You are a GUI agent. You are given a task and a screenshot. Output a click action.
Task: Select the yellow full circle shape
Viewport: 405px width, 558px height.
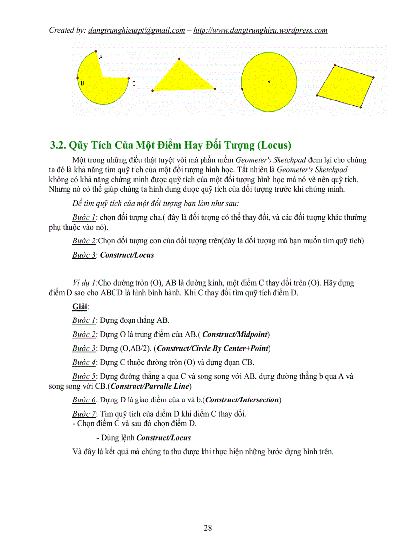click(x=269, y=81)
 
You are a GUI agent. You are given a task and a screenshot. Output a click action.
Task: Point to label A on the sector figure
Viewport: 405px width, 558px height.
click(x=100, y=57)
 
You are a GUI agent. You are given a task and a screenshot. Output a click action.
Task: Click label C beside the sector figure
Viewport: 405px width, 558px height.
click(x=134, y=84)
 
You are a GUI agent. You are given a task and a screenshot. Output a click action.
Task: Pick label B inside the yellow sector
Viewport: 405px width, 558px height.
click(x=82, y=83)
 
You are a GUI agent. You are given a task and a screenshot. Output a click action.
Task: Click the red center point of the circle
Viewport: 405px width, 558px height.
click(x=269, y=81)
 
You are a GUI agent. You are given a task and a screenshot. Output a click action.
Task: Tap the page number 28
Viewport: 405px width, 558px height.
click(x=208, y=528)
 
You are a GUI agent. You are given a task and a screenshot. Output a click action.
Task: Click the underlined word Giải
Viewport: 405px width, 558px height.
click(x=80, y=307)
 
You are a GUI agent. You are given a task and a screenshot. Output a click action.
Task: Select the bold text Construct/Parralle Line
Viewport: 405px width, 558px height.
click(x=151, y=386)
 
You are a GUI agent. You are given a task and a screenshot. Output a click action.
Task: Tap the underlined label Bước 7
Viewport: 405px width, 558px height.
click(x=84, y=414)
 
